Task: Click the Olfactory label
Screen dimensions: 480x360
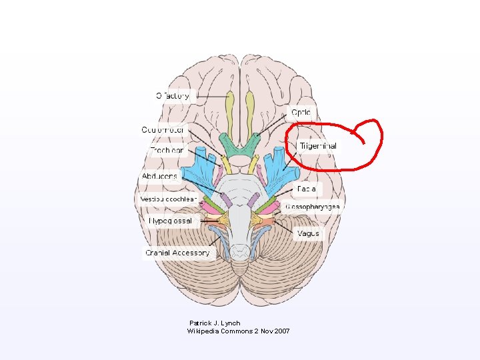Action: [173, 95]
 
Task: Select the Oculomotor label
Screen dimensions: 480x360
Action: [163, 129]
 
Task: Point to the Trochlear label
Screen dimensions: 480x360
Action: [166, 151]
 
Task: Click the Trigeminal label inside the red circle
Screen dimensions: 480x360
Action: [318, 146]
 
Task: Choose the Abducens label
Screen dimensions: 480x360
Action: [160, 176]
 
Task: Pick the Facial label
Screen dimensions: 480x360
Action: [307, 189]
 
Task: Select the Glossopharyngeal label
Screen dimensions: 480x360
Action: [313, 207]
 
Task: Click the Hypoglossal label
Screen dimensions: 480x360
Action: [171, 221]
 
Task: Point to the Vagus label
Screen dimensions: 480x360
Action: [309, 233]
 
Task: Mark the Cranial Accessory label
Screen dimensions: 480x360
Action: [177, 253]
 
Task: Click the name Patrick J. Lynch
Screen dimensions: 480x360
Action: [215, 323]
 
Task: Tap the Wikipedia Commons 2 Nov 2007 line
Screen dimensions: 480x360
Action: [238, 331]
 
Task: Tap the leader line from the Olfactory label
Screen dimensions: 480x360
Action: [210, 95]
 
